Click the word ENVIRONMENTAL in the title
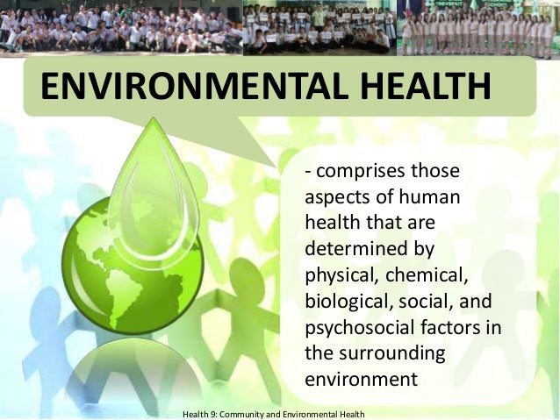[x=194, y=86]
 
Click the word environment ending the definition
[x=361, y=379]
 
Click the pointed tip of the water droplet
[x=154, y=117]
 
